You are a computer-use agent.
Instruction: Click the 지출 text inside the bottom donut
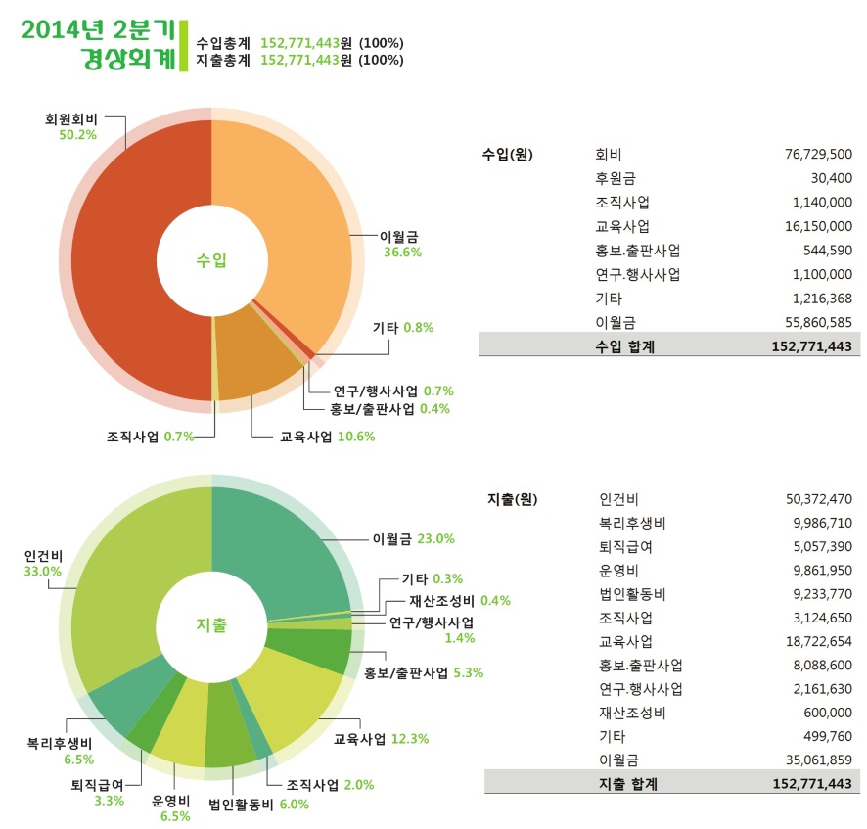[x=211, y=624]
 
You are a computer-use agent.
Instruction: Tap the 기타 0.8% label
[x=403, y=327]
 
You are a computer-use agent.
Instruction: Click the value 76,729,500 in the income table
[x=818, y=155]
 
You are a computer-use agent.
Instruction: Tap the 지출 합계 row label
[x=627, y=783]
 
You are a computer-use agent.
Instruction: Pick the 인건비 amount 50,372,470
[x=818, y=499]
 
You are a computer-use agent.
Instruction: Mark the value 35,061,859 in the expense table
[x=818, y=759]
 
